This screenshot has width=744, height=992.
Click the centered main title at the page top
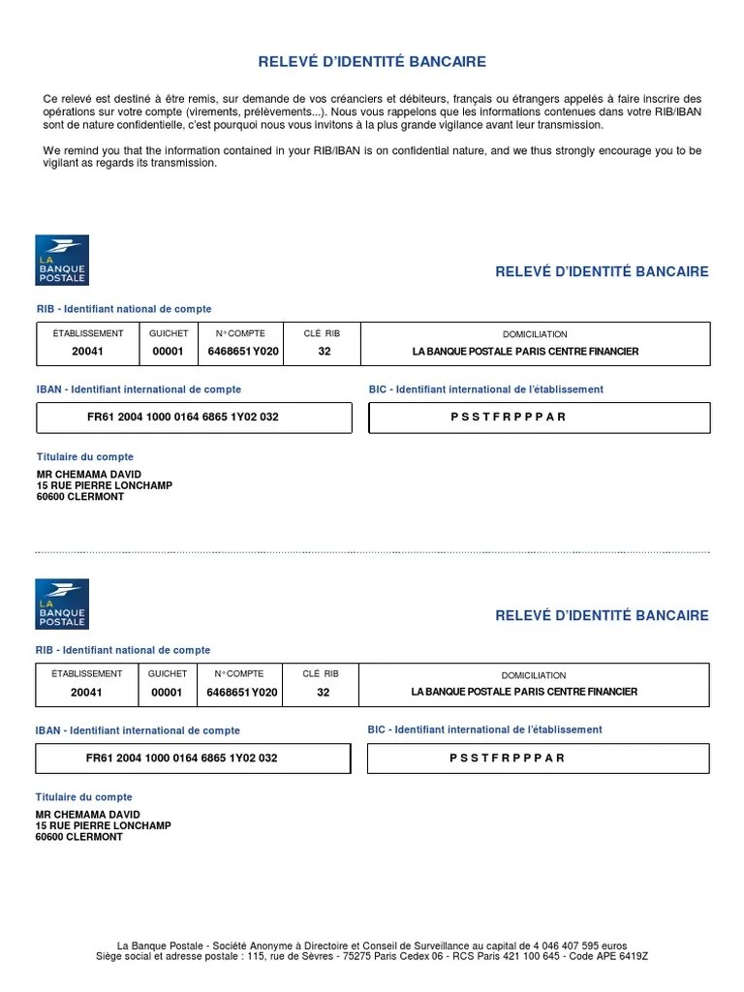point(372,62)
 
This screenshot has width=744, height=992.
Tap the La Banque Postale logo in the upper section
point(62,260)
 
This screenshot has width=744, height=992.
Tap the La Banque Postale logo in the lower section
point(62,604)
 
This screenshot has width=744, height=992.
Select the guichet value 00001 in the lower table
point(167,693)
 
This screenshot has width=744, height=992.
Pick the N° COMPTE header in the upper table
point(239,333)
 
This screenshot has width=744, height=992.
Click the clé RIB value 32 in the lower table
point(324,693)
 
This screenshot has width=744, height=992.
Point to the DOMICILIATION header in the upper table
point(535,334)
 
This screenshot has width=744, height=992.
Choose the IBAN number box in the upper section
point(194,418)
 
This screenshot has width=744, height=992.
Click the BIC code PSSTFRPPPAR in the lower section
point(507,758)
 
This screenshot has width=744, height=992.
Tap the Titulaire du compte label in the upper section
point(84,456)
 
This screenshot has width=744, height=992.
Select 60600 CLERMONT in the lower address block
point(79,836)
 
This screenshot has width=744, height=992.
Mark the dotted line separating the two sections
point(372,552)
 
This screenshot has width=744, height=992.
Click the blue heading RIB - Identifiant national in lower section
point(122,650)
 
